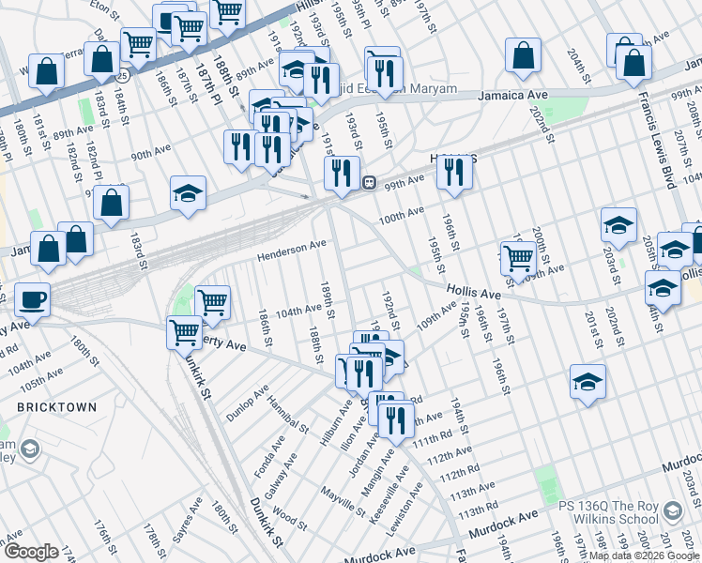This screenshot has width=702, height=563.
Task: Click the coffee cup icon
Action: click(x=31, y=299)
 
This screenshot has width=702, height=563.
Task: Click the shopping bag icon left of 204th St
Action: click(x=523, y=55)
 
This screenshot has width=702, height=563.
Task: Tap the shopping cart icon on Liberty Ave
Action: click(x=183, y=332)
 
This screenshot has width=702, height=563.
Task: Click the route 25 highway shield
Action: click(x=123, y=74)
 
